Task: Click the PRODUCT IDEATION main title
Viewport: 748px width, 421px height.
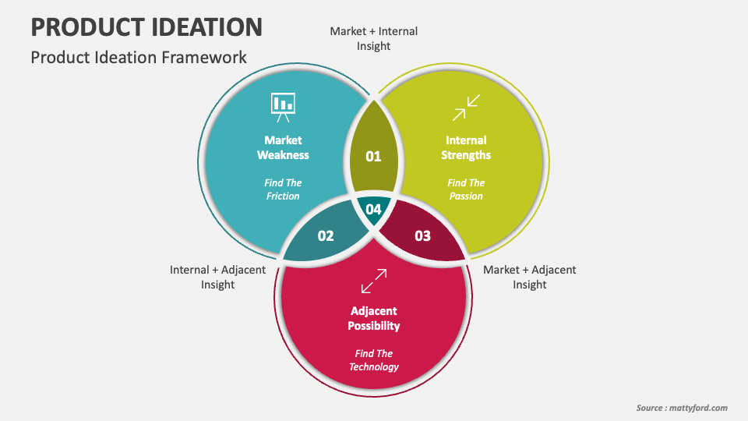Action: [x=146, y=27]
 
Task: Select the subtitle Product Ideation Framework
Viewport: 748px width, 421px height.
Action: [x=139, y=57]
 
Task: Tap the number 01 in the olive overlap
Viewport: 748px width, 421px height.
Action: [x=373, y=157]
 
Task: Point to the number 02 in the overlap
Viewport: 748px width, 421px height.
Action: [x=326, y=235]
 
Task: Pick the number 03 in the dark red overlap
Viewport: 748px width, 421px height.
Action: [x=422, y=235]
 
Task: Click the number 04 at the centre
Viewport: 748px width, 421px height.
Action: [x=373, y=209]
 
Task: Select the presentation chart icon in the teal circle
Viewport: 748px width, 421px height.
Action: [x=283, y=108]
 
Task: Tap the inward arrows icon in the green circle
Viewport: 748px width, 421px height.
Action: [x=466, y=108]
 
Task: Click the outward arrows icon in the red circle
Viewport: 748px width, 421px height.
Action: [x=374, y=281]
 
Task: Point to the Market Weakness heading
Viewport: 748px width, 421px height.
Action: [x=283, y=147]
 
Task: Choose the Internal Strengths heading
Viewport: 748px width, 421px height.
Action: [x=466, y=147]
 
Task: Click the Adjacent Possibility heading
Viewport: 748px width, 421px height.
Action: [x=374, y=318]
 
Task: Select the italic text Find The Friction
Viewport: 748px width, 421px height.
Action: [x=283, y=189]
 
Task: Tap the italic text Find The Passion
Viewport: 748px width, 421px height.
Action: [x=466, y=189]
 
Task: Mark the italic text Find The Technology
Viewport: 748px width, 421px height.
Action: [x=374, y=360]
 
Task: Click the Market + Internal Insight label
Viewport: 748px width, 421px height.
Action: [x=373, y=39]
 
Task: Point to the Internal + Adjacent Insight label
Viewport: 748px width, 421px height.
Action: [x=217, y=278]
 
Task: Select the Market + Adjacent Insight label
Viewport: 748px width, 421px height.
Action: [x=530, y=278]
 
